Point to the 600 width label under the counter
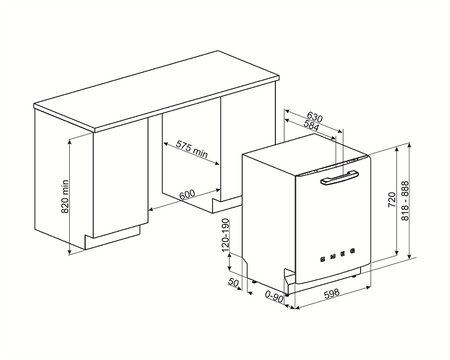(x=187, y=193)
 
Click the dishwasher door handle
(x=335, y=181)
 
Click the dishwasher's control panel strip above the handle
(x=330, y=169)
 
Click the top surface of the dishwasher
(x=300, y=154)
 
